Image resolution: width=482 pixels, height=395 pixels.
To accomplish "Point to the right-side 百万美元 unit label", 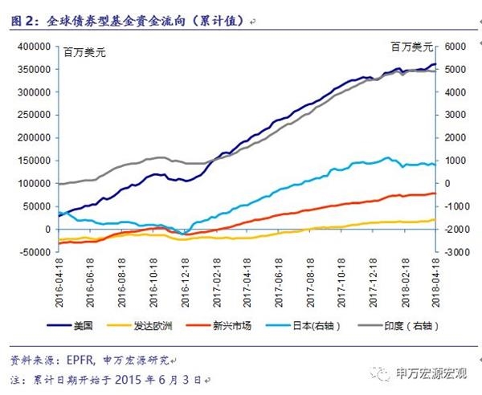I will pyautogui.click(x=411, y=48).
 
